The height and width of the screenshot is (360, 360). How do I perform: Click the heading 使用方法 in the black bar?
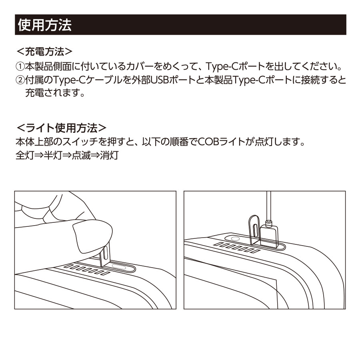[44, 25]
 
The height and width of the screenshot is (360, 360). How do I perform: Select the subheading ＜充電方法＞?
[44, 52]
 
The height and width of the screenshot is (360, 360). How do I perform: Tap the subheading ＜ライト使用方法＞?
[61, 128]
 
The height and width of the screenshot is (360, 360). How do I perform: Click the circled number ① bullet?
[20, 66]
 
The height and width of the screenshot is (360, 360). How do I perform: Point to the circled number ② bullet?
[20, 80]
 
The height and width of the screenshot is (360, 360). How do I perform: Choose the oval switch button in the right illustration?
[235, 239]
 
